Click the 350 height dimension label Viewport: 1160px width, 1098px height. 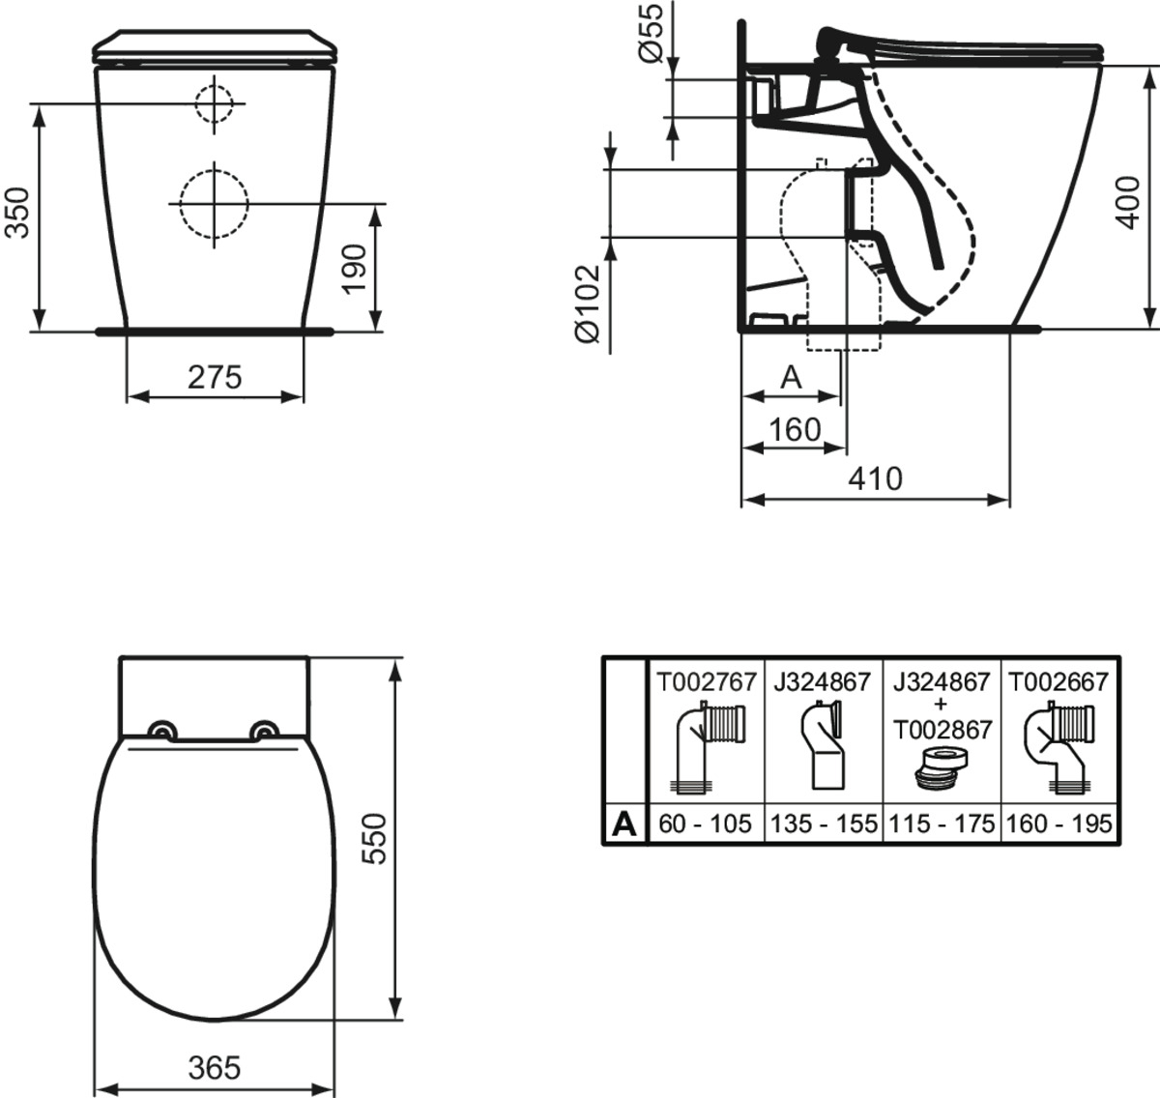coord(17,213)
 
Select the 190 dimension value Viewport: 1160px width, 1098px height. coord(355,269)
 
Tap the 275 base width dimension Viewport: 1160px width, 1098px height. coord(215,378)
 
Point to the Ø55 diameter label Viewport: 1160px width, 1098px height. coord(651,34)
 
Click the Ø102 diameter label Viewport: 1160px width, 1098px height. coord(588,303)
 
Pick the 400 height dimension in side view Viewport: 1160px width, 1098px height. coord(1127,202)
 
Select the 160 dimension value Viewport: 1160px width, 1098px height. coord(795,429)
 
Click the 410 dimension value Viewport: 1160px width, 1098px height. coord(876,478)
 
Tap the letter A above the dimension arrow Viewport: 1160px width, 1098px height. coord(792,378)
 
